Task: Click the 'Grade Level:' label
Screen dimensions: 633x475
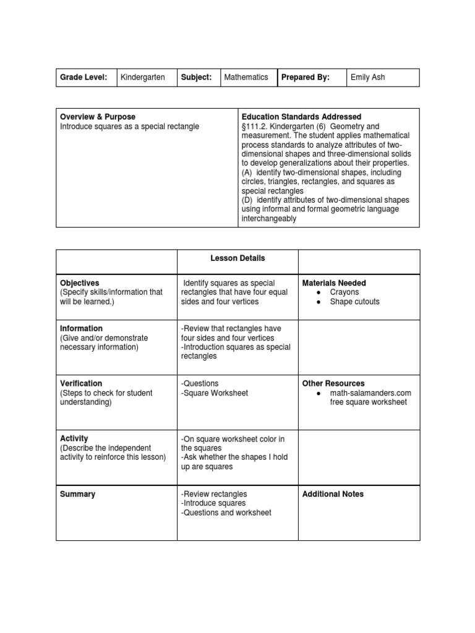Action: pos(83,77)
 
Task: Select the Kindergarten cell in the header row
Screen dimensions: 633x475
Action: pos(142,77)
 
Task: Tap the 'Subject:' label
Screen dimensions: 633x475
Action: pos(197,77)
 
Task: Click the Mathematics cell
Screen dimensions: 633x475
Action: pos(246,77)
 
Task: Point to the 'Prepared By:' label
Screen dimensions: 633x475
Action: pos(306,77)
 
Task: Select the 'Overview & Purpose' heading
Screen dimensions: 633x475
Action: pos(98,117)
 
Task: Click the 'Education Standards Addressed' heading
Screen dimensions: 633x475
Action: pos(302,117)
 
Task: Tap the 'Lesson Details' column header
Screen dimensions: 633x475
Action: pos(237,258)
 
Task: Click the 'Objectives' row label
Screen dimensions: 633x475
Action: pos(79,283)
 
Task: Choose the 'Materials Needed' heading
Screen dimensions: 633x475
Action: pos(334,283)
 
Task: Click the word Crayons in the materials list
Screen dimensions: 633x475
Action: pos(344,292)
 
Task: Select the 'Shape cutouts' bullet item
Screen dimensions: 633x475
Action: pos(355,302)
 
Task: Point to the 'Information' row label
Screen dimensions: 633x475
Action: pos(81,328)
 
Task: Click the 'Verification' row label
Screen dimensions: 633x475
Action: pos(81,383)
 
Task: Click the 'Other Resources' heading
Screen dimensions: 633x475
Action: pos(333,383)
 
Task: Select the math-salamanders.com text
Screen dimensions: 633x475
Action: pos(370,393)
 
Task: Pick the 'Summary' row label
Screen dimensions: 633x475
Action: pos(77,494)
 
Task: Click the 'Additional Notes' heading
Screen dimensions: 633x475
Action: pos(333,494)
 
